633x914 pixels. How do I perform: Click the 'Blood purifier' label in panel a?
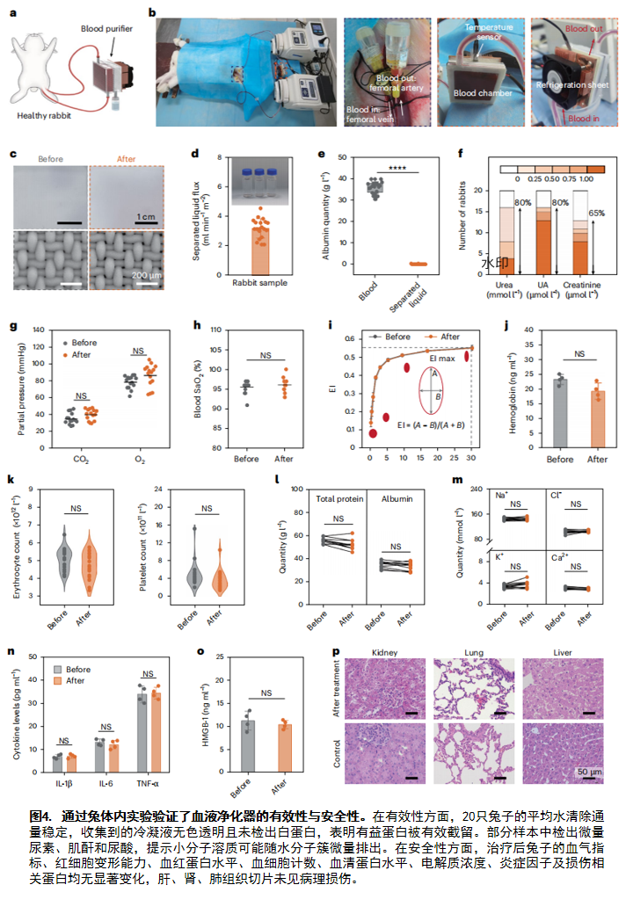click(x=106, y=29)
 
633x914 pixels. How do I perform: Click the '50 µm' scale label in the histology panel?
click(x=588, y=771)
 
